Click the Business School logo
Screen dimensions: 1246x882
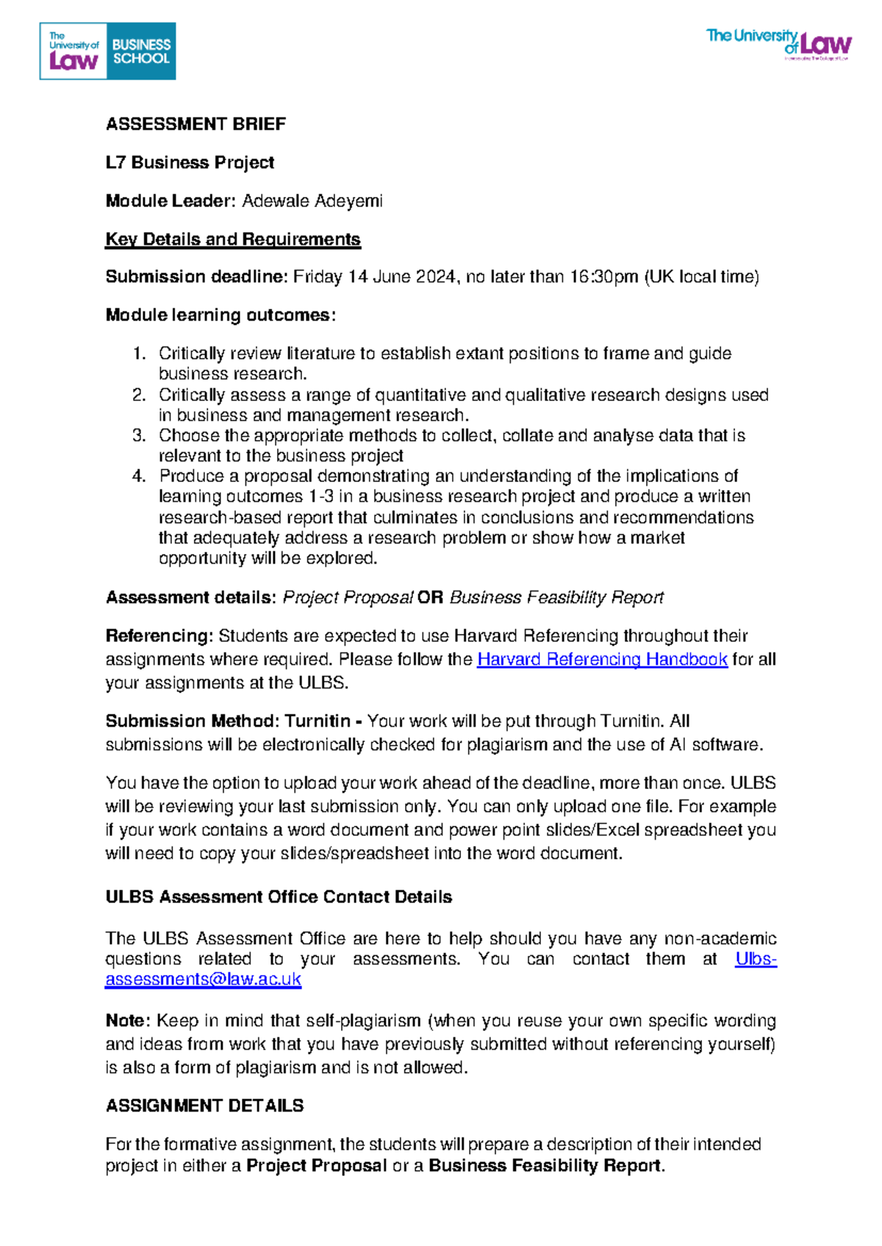(x=107, y=51)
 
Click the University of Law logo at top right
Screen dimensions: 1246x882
(x=778, y=45)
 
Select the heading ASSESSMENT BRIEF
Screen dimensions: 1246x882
(x=196, y=124)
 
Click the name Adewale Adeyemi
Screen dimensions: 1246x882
(x=312, y=201)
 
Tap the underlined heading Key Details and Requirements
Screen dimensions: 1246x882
(x=233, y=239)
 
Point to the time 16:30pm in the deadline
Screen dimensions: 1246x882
(x=604, y=277)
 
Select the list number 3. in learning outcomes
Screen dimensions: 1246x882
(x=140, y=436)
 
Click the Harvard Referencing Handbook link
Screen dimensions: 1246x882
(x=602, y=659)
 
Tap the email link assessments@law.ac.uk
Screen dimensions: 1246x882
(x=203, y=979)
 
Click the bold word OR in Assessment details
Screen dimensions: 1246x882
(x=430, y=597)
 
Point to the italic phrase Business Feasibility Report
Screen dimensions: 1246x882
(x=556, y=597)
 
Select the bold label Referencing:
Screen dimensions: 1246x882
(x=159, y=635)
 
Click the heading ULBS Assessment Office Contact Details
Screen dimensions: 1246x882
(x=279, y=897)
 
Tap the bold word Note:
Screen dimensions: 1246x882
(x=128, y=1020)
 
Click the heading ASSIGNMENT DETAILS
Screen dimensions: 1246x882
(x=204, y=1106)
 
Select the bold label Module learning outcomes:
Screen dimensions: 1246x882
(x=220, y=315)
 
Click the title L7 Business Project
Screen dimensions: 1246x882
(x=190, y=162)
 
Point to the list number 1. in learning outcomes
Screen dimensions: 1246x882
(x=140, y=353)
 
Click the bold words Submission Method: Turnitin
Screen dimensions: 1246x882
(x=228, y=721)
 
